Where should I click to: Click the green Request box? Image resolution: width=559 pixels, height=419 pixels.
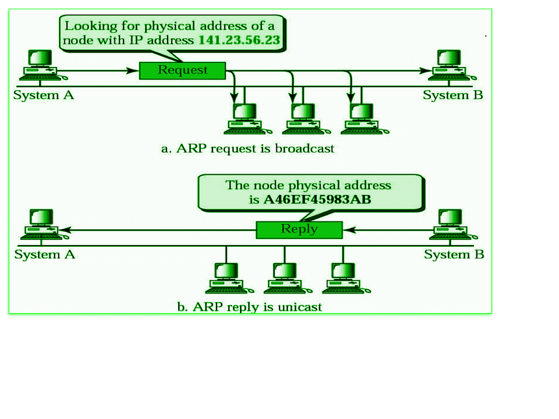click(x=183, y=70)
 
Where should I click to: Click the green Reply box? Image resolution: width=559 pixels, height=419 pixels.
click(x=299, y=229)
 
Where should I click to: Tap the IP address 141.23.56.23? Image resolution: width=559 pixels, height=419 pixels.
click(x=239, y=40)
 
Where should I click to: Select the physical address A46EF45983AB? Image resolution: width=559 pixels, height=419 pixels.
click(x=317, y=200)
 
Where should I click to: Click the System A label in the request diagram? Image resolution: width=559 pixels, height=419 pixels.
click(x=44, y=95)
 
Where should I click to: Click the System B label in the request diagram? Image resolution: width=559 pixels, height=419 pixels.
click(x=453, y=95)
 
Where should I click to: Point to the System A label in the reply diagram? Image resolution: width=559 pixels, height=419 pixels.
click(x=45, y=255)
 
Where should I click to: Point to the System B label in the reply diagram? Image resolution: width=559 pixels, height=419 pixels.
click(x=454, y=255)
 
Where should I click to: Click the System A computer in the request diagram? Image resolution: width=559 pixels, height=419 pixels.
click(x=40, y=65)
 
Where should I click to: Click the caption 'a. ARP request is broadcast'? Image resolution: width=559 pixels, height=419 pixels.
click(x=248, y=149)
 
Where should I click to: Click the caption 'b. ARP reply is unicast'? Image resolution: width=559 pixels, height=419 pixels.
click(x=250, y=307)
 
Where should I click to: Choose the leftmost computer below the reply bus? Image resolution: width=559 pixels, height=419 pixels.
click(x=226, y=277)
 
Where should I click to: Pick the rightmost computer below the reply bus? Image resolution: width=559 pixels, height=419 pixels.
click(x=343, y=277)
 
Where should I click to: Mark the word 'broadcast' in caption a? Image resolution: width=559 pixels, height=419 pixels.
click(x=304, y=149)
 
